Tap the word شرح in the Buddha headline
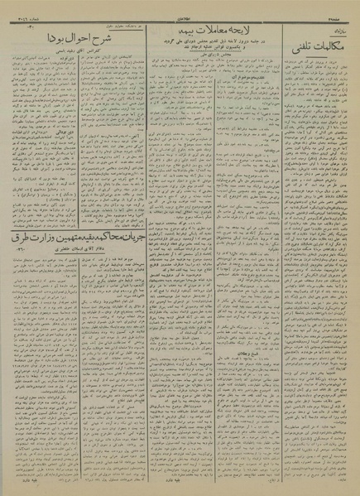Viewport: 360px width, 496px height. click(108, 38)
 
